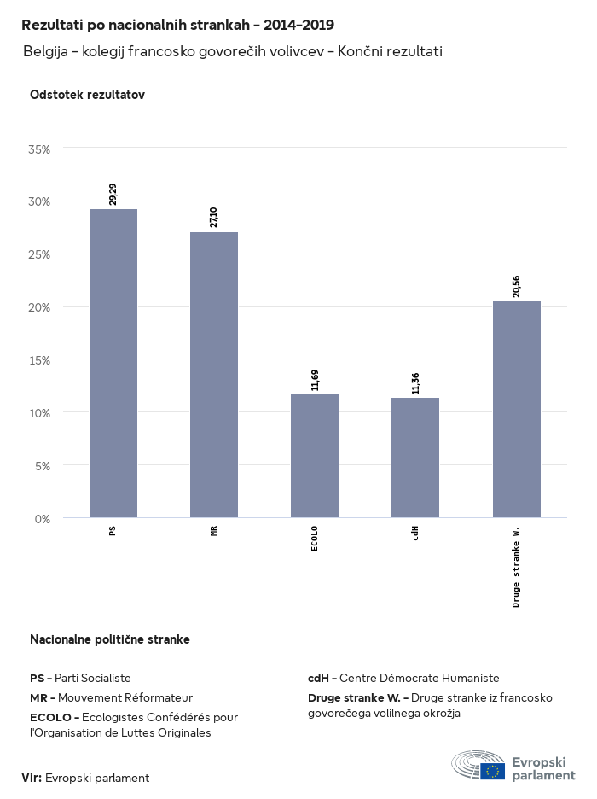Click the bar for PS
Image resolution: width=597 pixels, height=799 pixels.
113,363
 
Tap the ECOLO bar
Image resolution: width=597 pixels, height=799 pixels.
315,456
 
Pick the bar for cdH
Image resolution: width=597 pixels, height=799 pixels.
415,458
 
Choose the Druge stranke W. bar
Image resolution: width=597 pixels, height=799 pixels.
517,409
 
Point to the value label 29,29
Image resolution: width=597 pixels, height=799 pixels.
113,193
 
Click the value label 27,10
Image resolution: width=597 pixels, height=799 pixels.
214,216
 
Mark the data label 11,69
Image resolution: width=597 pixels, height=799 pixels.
315,378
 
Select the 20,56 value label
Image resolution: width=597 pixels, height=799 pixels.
517,285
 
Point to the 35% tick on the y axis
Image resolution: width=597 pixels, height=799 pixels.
40,149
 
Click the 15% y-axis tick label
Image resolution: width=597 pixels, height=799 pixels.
40,359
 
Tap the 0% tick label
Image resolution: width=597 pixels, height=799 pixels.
43,518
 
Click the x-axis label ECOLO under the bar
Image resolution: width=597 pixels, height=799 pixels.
315,539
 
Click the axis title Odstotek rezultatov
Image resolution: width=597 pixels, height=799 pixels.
87,95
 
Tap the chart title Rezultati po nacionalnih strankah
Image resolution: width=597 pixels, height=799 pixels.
177,26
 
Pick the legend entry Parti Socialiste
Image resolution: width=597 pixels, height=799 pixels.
80,678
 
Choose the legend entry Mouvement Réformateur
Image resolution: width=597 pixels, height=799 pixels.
111,697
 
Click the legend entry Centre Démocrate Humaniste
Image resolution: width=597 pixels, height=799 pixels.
403,678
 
